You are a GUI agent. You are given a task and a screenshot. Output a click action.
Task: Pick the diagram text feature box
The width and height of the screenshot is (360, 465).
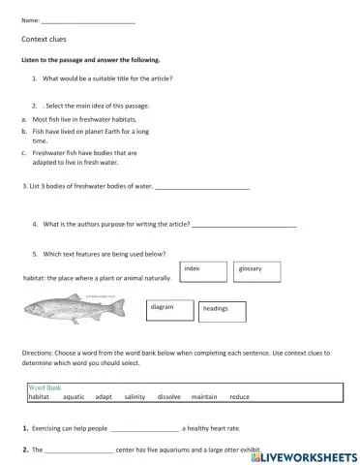(169, 309)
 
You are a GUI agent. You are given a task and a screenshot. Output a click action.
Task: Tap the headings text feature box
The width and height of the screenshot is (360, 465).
(222, 310)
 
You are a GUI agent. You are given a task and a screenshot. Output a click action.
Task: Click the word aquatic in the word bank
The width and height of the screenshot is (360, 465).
(74, 397)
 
